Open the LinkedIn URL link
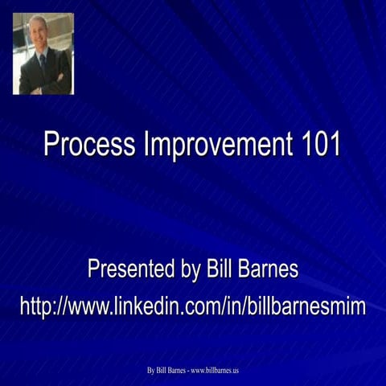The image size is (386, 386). [193, 306]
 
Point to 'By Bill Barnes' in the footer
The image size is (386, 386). [166, 371]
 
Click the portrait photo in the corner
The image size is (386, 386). [43, 54]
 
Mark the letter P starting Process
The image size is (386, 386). [51, 145]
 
